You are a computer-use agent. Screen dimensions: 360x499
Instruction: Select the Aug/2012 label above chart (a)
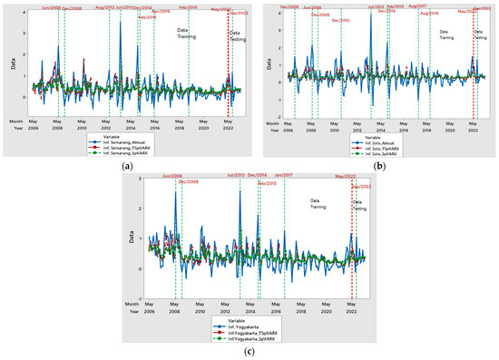click(104, 6)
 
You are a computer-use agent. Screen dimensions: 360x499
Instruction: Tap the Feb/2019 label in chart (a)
click(188, 6)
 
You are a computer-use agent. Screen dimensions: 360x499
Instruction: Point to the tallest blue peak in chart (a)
click(121, 22)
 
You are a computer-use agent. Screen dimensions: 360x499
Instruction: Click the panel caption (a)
click(122, 166)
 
